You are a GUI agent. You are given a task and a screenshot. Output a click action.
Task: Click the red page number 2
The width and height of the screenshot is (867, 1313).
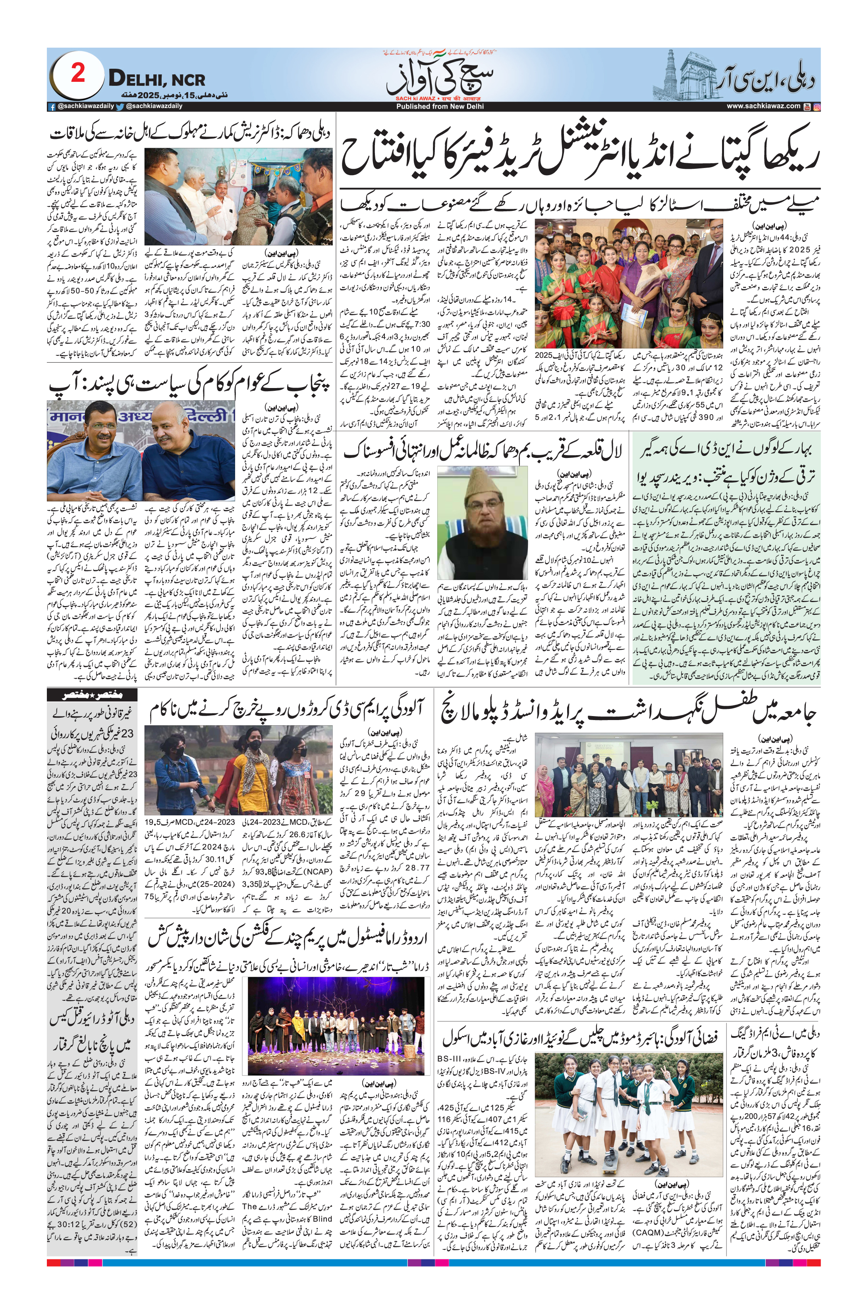(78, 73)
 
